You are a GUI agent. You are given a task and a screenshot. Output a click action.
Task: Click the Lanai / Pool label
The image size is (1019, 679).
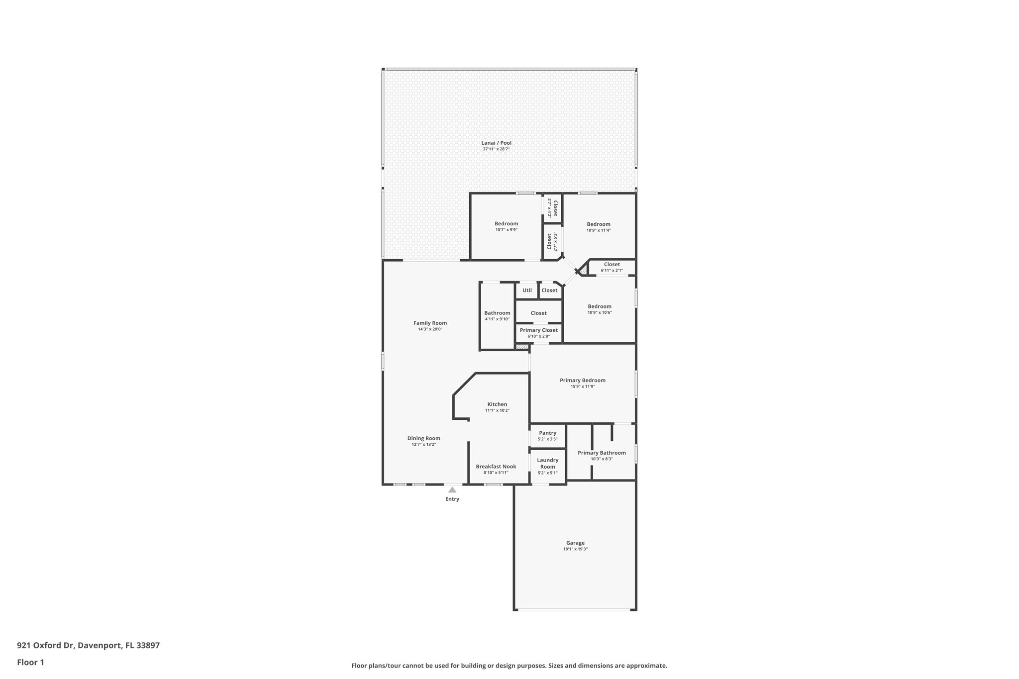(496, 143)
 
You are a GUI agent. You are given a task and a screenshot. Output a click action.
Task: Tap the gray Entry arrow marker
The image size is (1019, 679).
(452, 490)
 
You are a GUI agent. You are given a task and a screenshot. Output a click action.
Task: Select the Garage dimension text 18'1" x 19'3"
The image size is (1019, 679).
(575, 549)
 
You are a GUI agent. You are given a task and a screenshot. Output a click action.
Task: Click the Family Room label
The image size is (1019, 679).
(430, 323)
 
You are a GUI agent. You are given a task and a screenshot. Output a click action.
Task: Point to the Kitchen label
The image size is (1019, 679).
(497, 404)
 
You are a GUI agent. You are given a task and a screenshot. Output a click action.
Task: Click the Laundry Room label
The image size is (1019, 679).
(547, 464)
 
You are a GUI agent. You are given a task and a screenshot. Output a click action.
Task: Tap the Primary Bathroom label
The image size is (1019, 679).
(602, 453)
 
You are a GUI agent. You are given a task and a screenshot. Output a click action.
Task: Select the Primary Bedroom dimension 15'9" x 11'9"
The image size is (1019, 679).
(582, 387)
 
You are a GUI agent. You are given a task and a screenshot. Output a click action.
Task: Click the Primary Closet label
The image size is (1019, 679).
(538, 330)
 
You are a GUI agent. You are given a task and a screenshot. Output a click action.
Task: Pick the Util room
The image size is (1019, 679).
(527, 291)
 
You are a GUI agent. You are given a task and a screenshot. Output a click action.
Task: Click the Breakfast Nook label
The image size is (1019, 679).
(496, 467)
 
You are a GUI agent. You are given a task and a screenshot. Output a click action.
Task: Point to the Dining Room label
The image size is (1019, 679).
(423, 439)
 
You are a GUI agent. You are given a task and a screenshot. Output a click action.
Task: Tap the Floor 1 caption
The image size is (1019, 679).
(31, 662)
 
